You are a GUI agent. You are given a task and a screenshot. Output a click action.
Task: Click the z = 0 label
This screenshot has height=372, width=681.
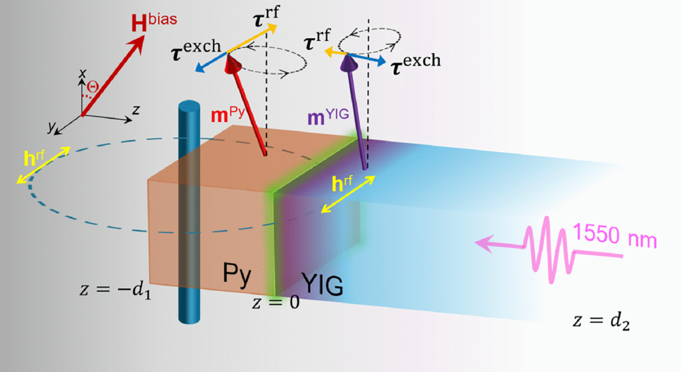(276, 303)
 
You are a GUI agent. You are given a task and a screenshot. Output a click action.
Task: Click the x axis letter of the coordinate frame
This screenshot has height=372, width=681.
(82, 73)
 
